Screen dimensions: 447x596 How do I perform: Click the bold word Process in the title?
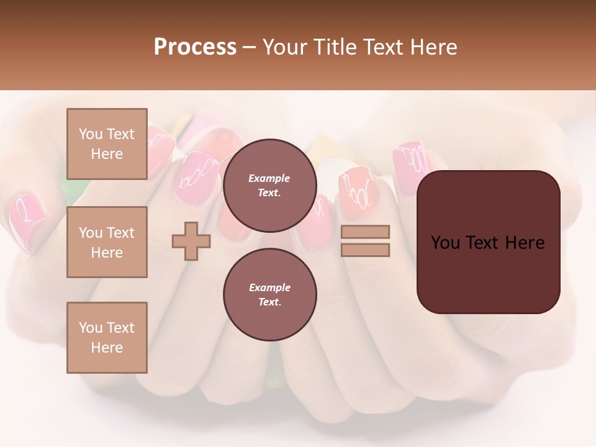(x=195, y=47)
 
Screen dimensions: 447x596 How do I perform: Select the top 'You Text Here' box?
(x=107, y=143)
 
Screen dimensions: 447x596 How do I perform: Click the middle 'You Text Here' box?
(x=107, y=242)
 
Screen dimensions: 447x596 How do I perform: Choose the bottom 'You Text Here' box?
(x=107, y=337)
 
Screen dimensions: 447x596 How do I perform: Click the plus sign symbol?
(x=191, y=242)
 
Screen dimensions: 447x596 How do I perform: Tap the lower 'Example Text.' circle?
(x=269, y=294)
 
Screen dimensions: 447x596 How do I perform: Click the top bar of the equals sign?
(x=366, y=232)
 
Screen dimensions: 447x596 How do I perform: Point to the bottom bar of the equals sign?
(x=366, y=250)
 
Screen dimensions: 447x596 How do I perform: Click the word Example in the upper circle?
(x=269, y=178)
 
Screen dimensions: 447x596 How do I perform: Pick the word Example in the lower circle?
(x=269, y=287)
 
